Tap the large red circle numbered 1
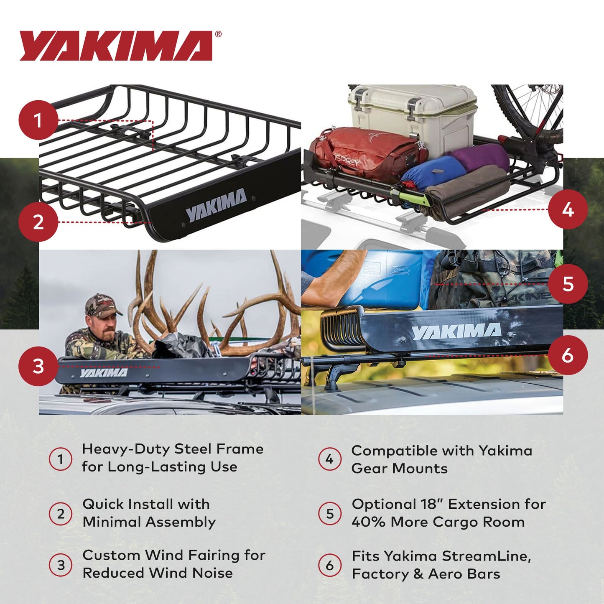pos(38,120)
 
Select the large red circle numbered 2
pos(38,222)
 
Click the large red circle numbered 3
pos(38,366)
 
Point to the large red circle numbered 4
pos(568,209)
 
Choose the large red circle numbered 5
pos(568,284)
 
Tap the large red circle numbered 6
pos(568,355)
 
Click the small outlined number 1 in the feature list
pos(61,459)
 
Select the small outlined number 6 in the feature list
pos(330,565)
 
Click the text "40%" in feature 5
pos(368,522)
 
